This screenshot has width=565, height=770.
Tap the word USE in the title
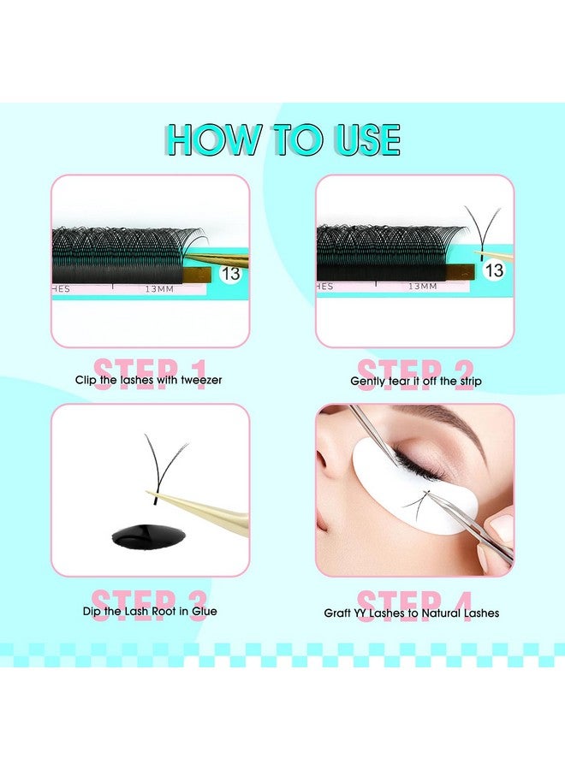tap(360, 139)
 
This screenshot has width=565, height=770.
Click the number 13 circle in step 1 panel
tap(230, 274)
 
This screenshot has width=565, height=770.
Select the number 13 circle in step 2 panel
tap(494, 270)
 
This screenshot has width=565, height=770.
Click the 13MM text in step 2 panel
tap(423, 287)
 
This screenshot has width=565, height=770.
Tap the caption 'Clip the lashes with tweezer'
tap(150, 380)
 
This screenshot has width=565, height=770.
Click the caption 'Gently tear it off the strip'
tap(415, 381)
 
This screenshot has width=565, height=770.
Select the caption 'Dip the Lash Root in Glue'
tap(150, 611)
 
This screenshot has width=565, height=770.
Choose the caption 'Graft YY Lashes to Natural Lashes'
tap(411, 613)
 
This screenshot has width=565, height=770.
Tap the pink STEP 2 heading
tap(415, 374)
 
